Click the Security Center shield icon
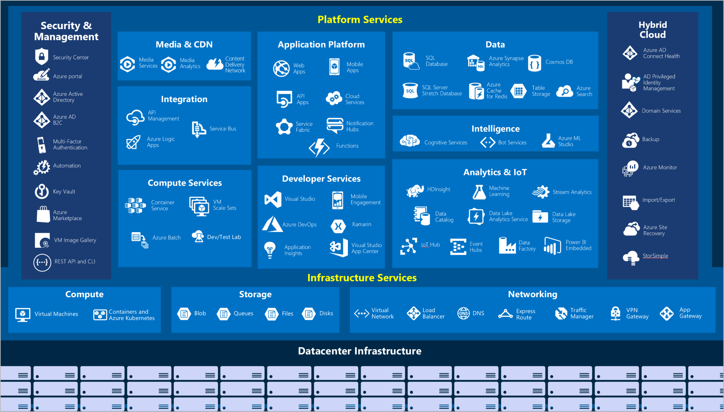(x=42, y=57)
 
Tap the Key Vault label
(x=64, y=191)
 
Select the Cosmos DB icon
(x=534, y=63)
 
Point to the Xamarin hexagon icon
(x=338, y=226)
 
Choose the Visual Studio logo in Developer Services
(x=273, y=199)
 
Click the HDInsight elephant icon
(x=415, y=190)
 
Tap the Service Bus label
(x=223, y=129)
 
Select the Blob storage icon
(x=184, y=313)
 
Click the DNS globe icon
(x=463, y=313)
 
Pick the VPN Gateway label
(x=637, y=313)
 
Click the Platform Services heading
(x=360, y=20)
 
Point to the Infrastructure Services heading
(x=362, y=278)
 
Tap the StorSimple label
(x=655, y=256)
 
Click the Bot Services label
(x=512, y=142)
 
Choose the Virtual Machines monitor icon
(x=23, y=314)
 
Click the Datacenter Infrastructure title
(x=360, y=351)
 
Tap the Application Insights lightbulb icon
(x=270, y=250)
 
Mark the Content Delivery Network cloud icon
(x=215, y=64)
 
